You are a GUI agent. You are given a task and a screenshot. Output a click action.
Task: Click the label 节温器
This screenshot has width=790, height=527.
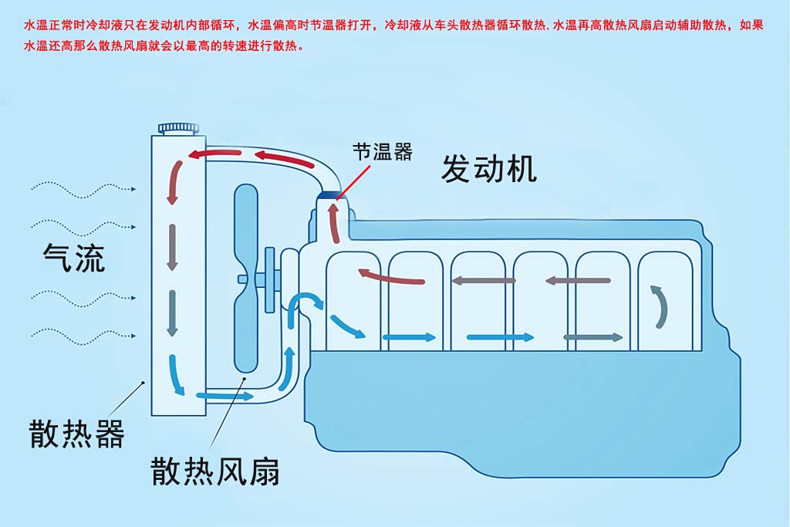click(383, 151)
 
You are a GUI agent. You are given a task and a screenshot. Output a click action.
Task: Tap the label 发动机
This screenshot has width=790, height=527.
click(488, 168)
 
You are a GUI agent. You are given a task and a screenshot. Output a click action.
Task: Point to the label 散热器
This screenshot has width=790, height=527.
click(76, 434)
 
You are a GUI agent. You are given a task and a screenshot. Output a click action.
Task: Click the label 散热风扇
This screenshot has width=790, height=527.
click(215, 471)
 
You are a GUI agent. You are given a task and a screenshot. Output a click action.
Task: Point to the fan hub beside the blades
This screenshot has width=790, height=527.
click(271, 279)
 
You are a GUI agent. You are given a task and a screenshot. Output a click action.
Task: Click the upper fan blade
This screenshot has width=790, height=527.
click(246, 224)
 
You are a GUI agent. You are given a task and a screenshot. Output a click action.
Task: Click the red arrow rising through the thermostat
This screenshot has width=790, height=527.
click(334, 222)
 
